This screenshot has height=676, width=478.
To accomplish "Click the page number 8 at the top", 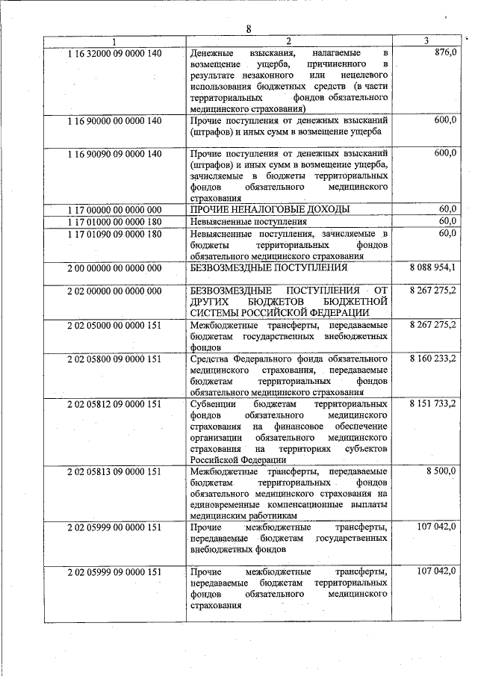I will pos(249,29).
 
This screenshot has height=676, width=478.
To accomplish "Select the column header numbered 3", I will pos(426,40).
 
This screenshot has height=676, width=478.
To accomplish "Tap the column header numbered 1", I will pos(114,40).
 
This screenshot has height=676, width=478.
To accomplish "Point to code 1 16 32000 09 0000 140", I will pos(114,54).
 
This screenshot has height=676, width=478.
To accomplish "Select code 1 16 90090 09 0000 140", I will pos(114,153).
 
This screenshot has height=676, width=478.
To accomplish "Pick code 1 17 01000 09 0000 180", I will pos(114,221).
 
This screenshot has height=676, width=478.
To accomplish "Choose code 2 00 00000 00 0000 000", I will pos(114,267).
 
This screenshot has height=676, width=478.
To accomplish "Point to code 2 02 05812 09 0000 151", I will pos(114,403).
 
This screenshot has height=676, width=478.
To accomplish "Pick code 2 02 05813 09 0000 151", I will pos(114,471).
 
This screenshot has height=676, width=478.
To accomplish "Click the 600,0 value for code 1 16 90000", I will pos(444,120).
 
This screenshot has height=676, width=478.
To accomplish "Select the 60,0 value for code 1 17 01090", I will pos(447,233).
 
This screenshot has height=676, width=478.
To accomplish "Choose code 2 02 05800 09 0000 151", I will pos(114,359).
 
